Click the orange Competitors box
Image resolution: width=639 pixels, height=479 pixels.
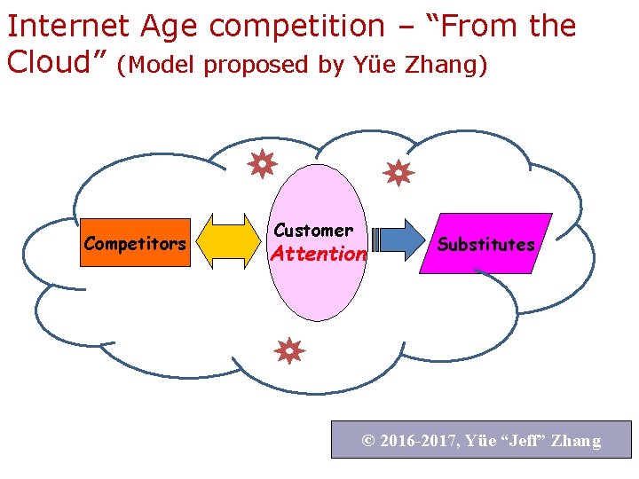tap(135, 243)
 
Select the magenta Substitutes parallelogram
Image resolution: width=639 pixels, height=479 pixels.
tap(485, 244)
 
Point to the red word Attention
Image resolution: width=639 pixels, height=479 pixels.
tap(319, 254)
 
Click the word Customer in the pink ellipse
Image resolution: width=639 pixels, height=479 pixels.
tap(313, 230)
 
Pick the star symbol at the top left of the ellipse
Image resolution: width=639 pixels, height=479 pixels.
tap(263, 163)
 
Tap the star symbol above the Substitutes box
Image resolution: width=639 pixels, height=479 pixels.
tap(398, 172)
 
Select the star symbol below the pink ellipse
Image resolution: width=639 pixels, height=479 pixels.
tap(288, 351)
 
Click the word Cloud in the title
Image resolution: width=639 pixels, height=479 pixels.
tap(50, 62)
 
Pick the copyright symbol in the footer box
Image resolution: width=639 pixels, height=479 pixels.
tap(367, 441)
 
